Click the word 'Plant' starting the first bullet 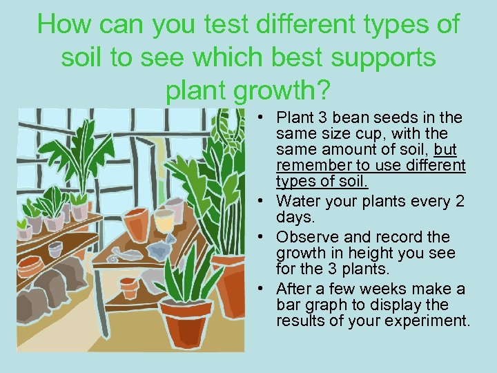295,117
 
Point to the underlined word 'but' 446,150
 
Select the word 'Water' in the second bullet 297,202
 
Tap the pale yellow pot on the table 164,221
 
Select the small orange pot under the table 129,287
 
